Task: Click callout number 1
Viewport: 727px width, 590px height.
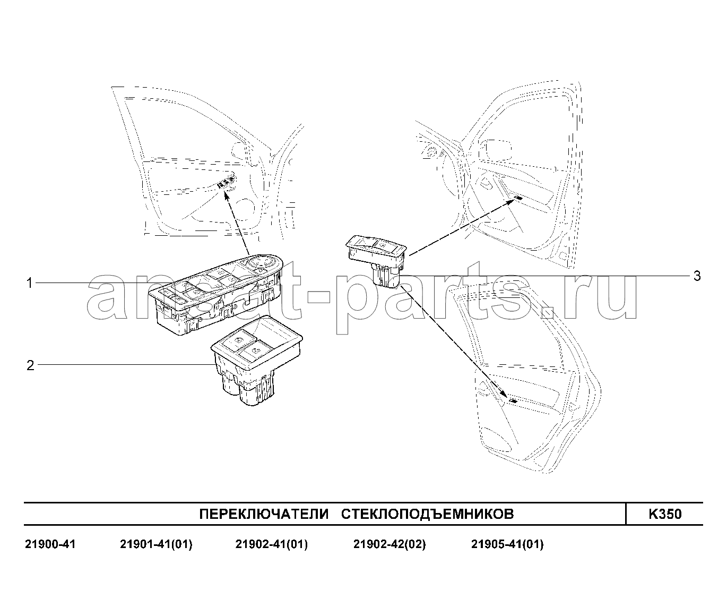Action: click(x=30, y=283)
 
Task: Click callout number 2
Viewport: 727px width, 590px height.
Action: click(x=30, y=365)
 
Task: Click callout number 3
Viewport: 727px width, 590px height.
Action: click(x=697, y=276)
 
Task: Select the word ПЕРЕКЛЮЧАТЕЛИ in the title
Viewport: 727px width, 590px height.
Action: click(x=264, y=514)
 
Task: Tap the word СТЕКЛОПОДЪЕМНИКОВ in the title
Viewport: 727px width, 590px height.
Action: click(x=427, y=514)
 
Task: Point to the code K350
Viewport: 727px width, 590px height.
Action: click(x=665, y=514)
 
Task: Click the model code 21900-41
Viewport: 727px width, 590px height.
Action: click(x=50, y=544)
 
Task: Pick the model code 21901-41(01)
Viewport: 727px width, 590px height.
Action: click(x=156, y=544)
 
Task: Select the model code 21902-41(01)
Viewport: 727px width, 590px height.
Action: click(x=271, y=544)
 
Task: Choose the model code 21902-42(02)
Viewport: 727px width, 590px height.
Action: click(x=390, y=544)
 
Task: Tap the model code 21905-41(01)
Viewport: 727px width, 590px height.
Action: click(x=507, y=544)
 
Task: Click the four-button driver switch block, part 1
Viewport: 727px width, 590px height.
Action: click(x=216, y=295)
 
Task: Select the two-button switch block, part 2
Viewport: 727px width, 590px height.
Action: click(x=257, y=361)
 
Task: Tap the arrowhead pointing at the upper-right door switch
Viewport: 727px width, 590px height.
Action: click(x=510, y=202)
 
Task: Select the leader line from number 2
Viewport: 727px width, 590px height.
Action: click(x=126, y=365)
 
